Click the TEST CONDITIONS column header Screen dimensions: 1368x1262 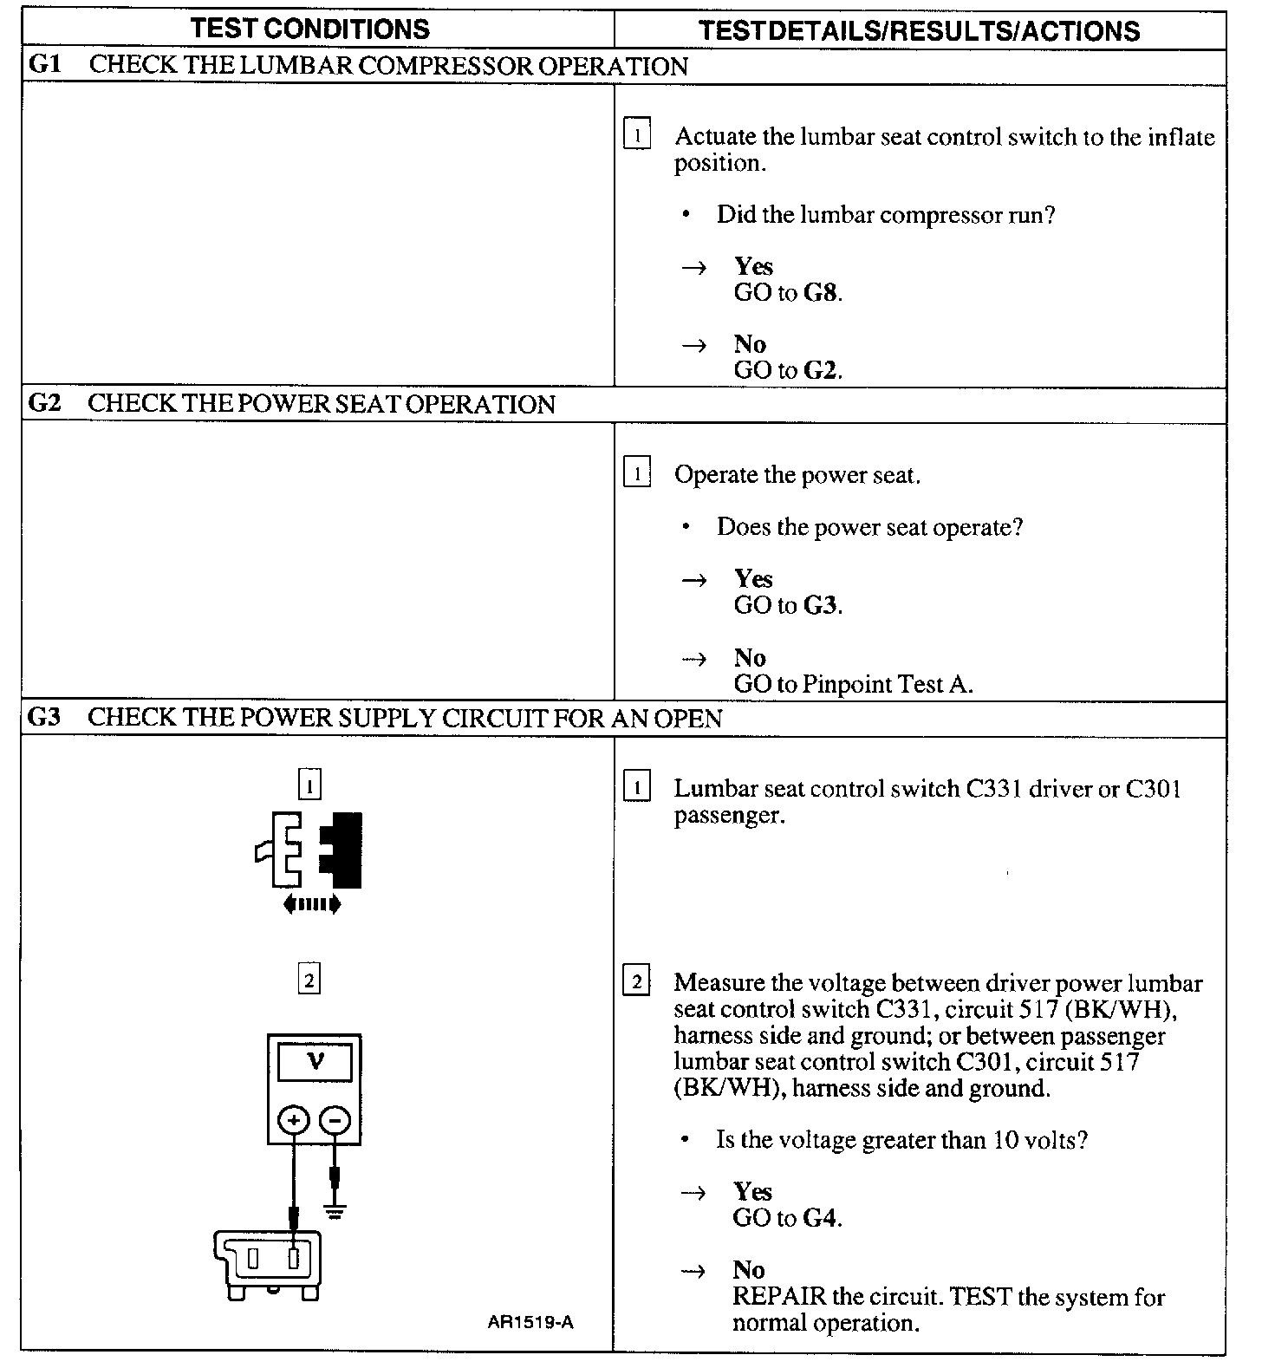[310, 29]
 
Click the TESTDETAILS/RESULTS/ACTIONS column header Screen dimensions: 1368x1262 [919, 31]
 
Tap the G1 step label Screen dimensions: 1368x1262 [43, 66]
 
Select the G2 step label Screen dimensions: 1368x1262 [43, 404]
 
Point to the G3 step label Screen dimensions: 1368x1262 [43, 718]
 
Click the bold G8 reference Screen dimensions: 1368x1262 [821, 293]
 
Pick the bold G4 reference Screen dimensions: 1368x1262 [821, 1218]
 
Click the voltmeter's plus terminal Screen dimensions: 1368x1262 [294, 1121]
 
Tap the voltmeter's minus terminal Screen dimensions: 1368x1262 [335, 1121]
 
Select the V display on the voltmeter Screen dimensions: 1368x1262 [315, 1061]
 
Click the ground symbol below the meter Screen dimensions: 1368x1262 [335, 1211]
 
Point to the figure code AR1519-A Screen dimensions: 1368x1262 [530, 1322]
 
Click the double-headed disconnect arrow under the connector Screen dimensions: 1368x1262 [312, 904]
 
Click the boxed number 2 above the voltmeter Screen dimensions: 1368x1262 [309, 980]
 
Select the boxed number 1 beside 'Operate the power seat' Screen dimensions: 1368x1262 [637, 473]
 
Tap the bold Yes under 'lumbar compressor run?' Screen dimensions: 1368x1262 [753, 266]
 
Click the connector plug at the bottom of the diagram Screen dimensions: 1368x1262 [268, 1261]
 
